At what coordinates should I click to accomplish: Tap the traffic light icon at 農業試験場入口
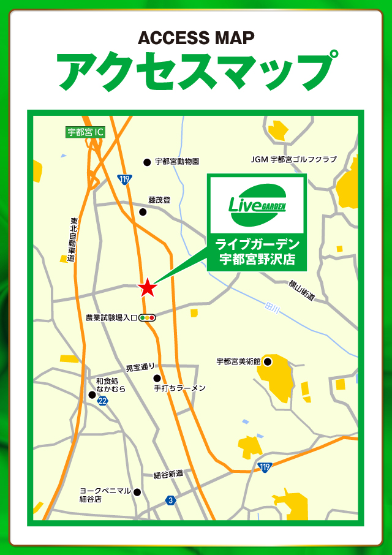coord(148,318)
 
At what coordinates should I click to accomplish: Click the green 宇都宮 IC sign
coord(85,131)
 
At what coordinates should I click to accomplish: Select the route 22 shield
coord(102,401)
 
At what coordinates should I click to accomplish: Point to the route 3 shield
coord(170,500)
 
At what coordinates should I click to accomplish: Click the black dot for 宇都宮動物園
coord(147,162)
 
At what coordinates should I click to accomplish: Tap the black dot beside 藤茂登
coord(143,212)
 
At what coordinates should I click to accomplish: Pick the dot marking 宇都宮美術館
coord(268,362)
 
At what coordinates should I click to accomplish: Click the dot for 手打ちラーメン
coord(157,378)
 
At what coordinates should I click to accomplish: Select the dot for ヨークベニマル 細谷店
coord(137,492)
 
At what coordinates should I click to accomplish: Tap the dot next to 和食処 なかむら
coord(92,395)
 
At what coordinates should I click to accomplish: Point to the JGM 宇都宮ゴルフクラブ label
coord(294,159)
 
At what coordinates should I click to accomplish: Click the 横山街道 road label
coord(302,289)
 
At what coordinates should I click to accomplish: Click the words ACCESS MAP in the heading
coord(196,38)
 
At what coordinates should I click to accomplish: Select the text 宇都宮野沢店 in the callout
coord(257,259)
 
